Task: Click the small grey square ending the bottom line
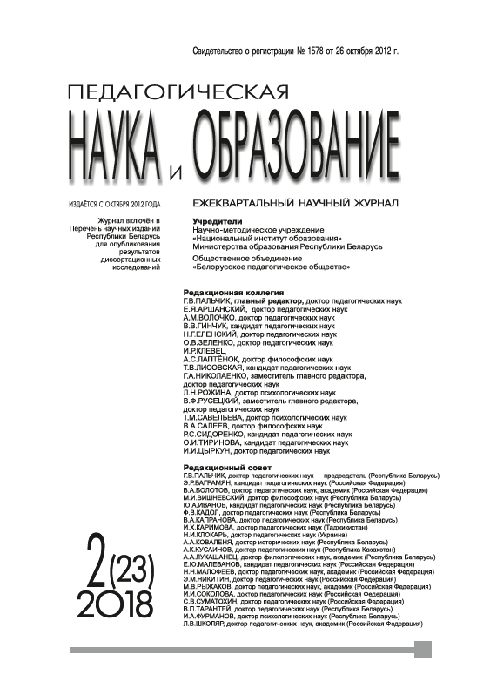[x=423, y=650]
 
